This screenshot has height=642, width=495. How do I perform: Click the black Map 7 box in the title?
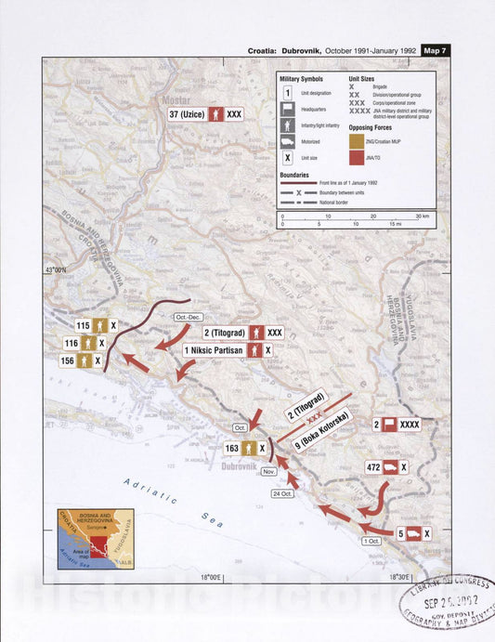coord(436,50)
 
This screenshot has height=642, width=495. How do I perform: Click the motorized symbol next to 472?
coord(390,468)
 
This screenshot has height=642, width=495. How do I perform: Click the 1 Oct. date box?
coord(372,540)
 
